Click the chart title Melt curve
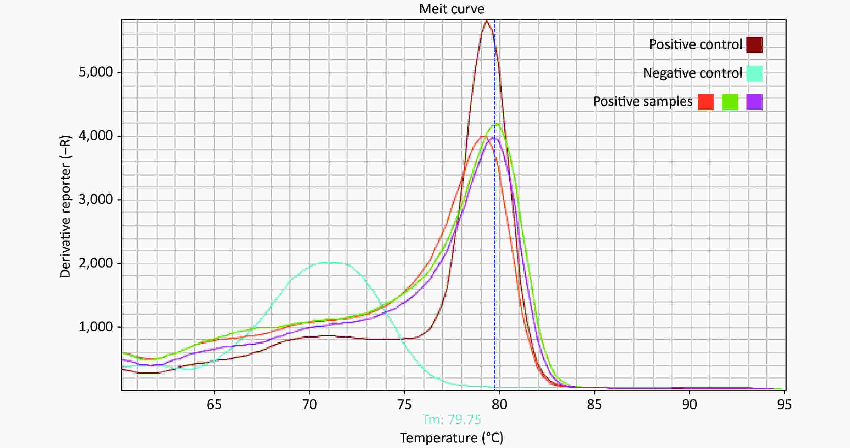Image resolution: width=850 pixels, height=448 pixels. [x=451, y=9]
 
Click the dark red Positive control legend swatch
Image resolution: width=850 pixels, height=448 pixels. [x=755, y=45]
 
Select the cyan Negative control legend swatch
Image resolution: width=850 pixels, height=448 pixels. [x=755, y=74]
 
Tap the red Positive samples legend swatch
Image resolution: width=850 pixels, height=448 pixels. [x=706, y=102]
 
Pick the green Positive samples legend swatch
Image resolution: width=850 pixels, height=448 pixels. [x=730, y=102]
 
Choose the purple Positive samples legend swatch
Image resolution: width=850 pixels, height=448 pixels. [x=755, y=102]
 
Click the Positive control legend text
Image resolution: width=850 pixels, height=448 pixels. [x=696, y=45]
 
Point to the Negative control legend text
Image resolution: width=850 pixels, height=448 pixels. [x=692, y=73]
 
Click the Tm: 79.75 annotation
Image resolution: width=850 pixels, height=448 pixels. [x=452, y=420]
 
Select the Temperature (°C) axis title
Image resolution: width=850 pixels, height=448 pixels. [x=452, y=438]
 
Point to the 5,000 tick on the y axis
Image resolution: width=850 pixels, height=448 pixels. [x=95, y=72]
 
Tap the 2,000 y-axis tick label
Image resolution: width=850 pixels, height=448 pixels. [x=95, y=263]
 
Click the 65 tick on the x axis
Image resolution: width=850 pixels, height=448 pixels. [x=214, y=404]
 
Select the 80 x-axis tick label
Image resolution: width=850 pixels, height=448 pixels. [x=499, y=404]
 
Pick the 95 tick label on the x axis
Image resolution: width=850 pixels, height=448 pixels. [x=784, y=404]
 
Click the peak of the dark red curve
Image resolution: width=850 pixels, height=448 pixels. [x=486, y=21]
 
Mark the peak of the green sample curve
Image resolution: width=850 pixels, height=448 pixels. [x=496, y=124]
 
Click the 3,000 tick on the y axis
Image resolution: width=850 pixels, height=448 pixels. [x=95, y=200]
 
